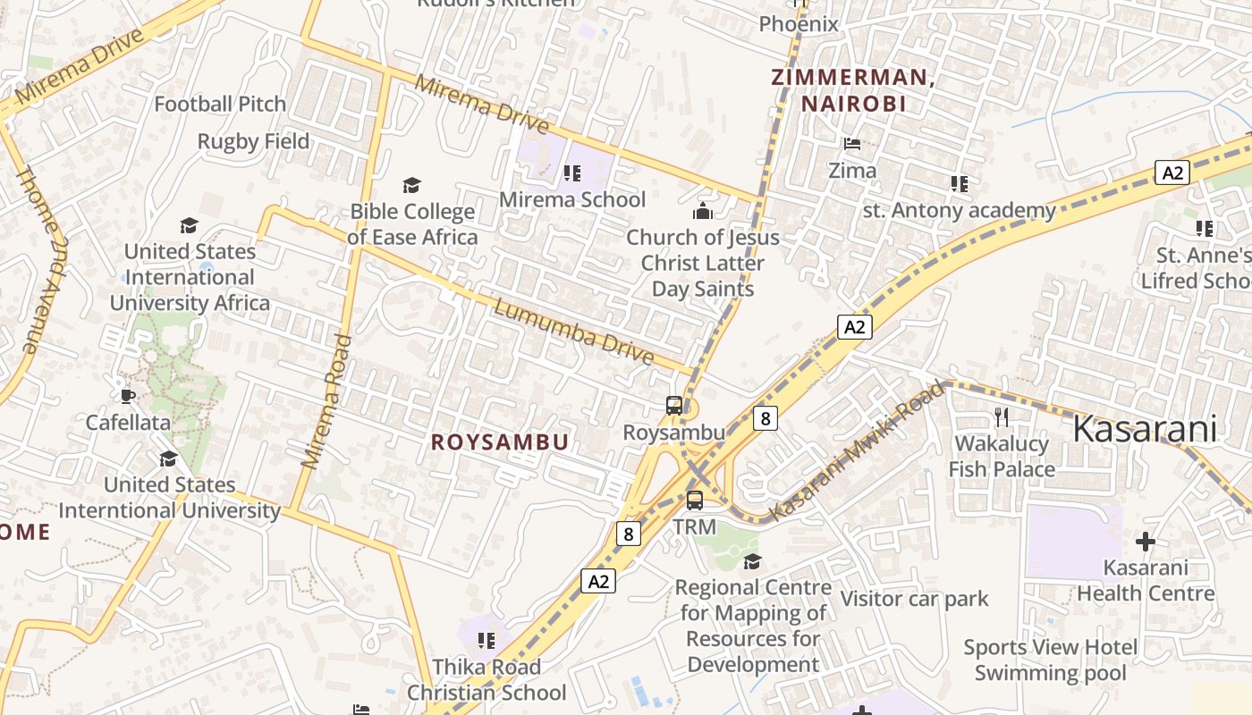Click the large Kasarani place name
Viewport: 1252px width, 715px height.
click(1144, 429)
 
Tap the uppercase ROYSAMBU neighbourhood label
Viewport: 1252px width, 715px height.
click(500, 442)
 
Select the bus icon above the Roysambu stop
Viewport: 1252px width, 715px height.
click(674, 406)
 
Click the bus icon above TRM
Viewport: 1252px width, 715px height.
click(695, 500)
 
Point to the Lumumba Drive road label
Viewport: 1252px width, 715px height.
click(574, 332)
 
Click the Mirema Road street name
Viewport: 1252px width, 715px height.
click(324, 402)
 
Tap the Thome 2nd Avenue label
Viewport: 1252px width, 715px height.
click(38, 260)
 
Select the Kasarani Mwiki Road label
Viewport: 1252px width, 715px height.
click(858, 450)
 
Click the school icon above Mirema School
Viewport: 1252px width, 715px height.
click(572, 172)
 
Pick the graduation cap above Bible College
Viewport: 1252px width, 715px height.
click(411, 185)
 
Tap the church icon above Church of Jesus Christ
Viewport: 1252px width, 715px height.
click(703, 212)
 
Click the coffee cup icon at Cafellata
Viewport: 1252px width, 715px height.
click(128, 396)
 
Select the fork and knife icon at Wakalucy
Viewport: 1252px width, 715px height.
click(1002, 416)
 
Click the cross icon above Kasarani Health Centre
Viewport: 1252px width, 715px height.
click(1145, 542)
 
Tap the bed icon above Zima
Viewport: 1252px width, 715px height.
click(852, 143)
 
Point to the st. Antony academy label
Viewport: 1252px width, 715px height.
click(959, 211)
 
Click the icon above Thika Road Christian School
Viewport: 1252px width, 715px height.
click(486, 640)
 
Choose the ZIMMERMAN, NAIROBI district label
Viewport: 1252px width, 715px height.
click(853, 90)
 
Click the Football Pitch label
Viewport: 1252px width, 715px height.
click(220, 105)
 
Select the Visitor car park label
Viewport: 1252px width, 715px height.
click(914, 599)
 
